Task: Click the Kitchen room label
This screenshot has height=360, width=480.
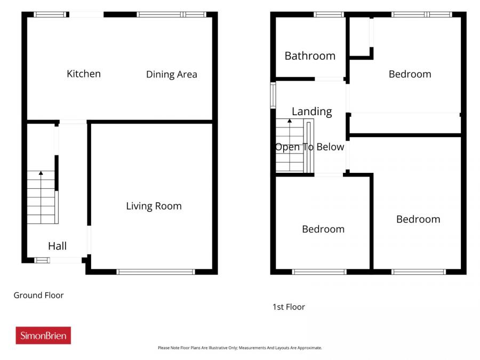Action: [84, 74]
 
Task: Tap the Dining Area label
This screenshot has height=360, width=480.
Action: [171, 75]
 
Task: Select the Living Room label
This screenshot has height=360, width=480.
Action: [154, 206]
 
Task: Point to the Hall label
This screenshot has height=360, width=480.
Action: [57, 246]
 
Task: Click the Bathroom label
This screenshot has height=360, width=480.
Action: [310, 56]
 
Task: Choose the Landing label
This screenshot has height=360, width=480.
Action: [311, 111]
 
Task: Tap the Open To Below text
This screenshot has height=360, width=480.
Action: [309, 147]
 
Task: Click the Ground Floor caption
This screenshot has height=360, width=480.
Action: [38, 295]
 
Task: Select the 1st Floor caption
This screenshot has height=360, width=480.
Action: [289, 307]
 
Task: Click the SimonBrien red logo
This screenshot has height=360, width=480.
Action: [43, 335]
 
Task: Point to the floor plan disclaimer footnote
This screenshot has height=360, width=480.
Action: [239, 348]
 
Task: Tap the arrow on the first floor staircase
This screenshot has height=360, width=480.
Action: [290, 122]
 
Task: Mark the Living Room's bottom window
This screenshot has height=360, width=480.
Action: [156, 272]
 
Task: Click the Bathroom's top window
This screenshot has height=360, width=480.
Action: [329, 14]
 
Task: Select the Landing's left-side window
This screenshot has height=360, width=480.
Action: [273, 95]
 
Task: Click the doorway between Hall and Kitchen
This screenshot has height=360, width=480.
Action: [73, 122]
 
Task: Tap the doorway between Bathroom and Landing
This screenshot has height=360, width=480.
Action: [329, 79]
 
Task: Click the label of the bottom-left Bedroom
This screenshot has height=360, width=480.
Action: [323, 229]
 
